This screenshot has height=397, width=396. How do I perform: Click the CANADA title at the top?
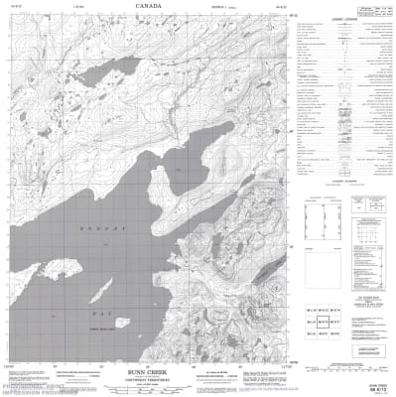point(150,8)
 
